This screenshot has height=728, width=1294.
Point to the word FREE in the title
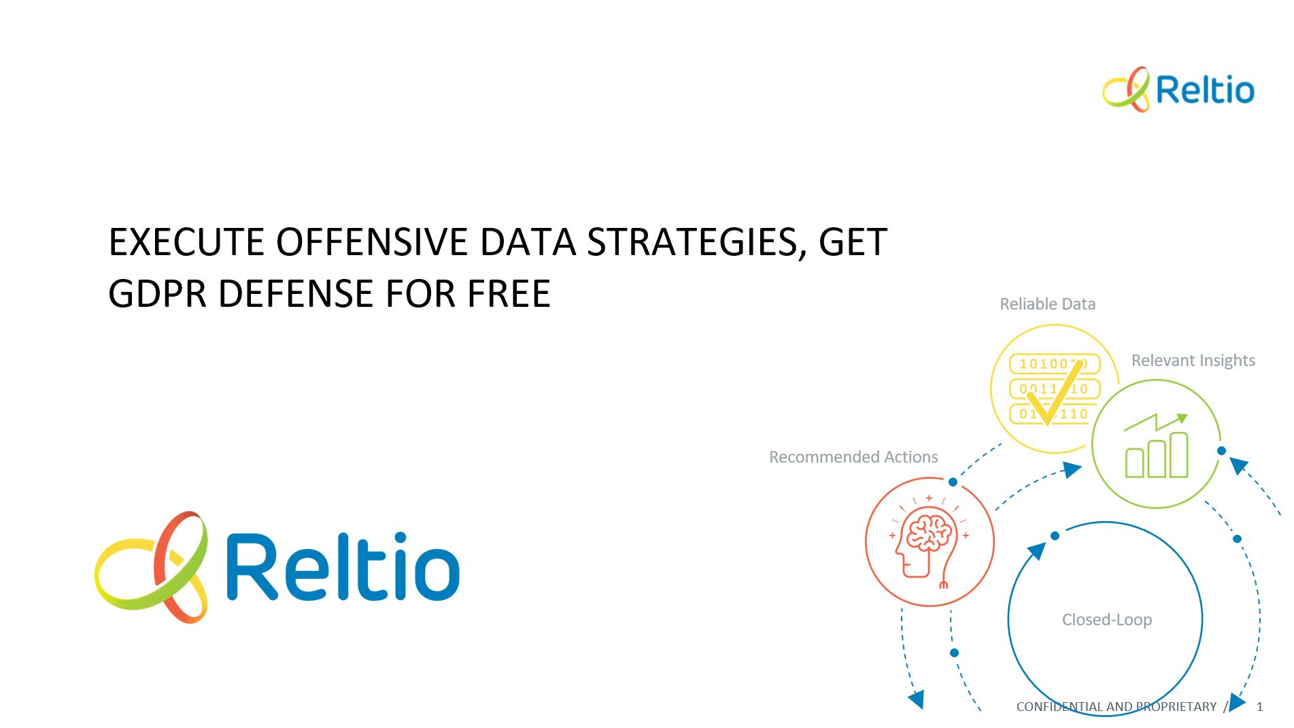pyautogui.click(x=509, y=293)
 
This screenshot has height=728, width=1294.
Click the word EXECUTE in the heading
pyautogui.click(x=187, y=242)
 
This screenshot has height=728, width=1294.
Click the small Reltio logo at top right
pyautogui.click(x=1178, y=89)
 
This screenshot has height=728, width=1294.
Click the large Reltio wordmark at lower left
pyautogui.click(x=343, y=566)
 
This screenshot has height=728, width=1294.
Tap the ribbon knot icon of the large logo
pyautogui.click(x=151, y=567)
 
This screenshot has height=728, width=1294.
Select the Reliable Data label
pyautogui.click(x=1047, y=304)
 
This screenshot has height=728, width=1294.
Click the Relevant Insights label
pyautogui.click(x=1193, y=361)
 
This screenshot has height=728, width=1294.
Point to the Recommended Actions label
pyautogui.click(x=853, y=457)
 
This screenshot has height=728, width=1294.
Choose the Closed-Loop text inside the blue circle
pyautogui.click(x=1107, y=620)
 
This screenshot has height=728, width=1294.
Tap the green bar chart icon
pyautogui.click(x=1157, y=446)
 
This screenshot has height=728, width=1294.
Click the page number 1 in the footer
pyautogui.click(x=1259, y=707)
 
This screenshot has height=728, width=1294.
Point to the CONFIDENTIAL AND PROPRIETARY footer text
pyautogui.click(x=1117, y=707)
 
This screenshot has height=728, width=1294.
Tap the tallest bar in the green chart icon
pyautogui.click(x=1178, y=454)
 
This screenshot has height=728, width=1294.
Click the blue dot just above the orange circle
pyautogui.click(x=953, y=482)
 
